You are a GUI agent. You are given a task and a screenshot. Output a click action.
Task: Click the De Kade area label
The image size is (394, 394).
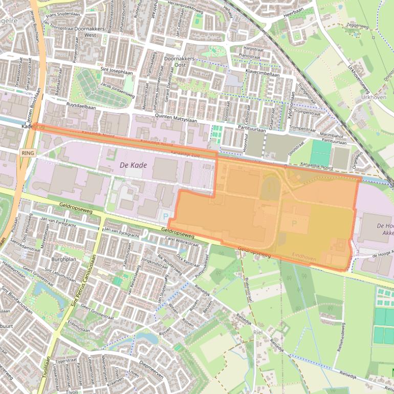pyautogui.click(x=130, y=165)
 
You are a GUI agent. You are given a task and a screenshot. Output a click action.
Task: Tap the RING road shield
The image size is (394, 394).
pyautogui.click(x=28, y=153)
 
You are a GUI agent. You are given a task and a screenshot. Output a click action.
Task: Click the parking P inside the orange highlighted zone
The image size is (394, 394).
pyautogui.click(x=294, y=223)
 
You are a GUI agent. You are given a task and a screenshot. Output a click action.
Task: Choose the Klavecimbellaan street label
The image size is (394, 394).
pyautogui.click(x=262, y=73)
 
